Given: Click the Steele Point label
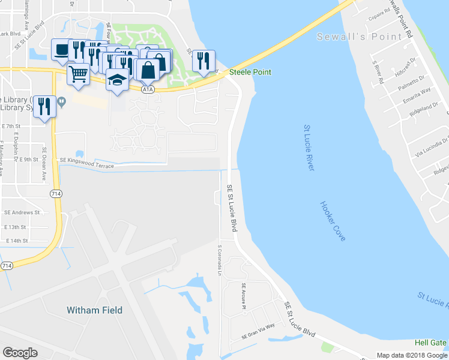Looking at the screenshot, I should [x=250, y=73].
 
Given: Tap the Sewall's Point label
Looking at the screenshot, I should [x=360, y=37].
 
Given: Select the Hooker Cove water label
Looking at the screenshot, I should [x=333, y=221].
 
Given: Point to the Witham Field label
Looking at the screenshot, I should [x=94, y=310].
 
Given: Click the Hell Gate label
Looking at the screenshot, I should [x=430, y=343].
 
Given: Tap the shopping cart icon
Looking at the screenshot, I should [x=78, y=74].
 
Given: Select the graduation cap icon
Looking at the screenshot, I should [x=117, y=79].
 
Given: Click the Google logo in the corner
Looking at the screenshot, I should [x=20, y=352].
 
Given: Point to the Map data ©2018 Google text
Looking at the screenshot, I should [x=411, y=355].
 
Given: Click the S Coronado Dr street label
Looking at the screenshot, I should [x=220, y=259].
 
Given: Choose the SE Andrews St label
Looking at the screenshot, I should [x=22, y=212].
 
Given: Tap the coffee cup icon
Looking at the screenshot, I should [x=61, y=50].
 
